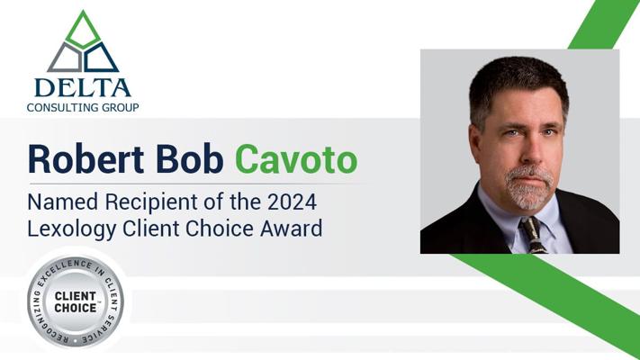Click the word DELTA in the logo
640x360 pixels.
coord(82,87)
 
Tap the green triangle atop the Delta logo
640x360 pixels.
coord(83,30)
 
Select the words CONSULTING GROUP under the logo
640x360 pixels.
coord(82,107)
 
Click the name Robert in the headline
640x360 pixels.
coord(81,160)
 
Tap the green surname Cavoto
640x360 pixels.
coord(296,160)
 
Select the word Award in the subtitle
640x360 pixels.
coord(290,228)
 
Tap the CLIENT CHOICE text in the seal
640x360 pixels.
coord(76,301)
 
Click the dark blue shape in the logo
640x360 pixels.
coord(101,58)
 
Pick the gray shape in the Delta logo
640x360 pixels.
coord(65,58)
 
